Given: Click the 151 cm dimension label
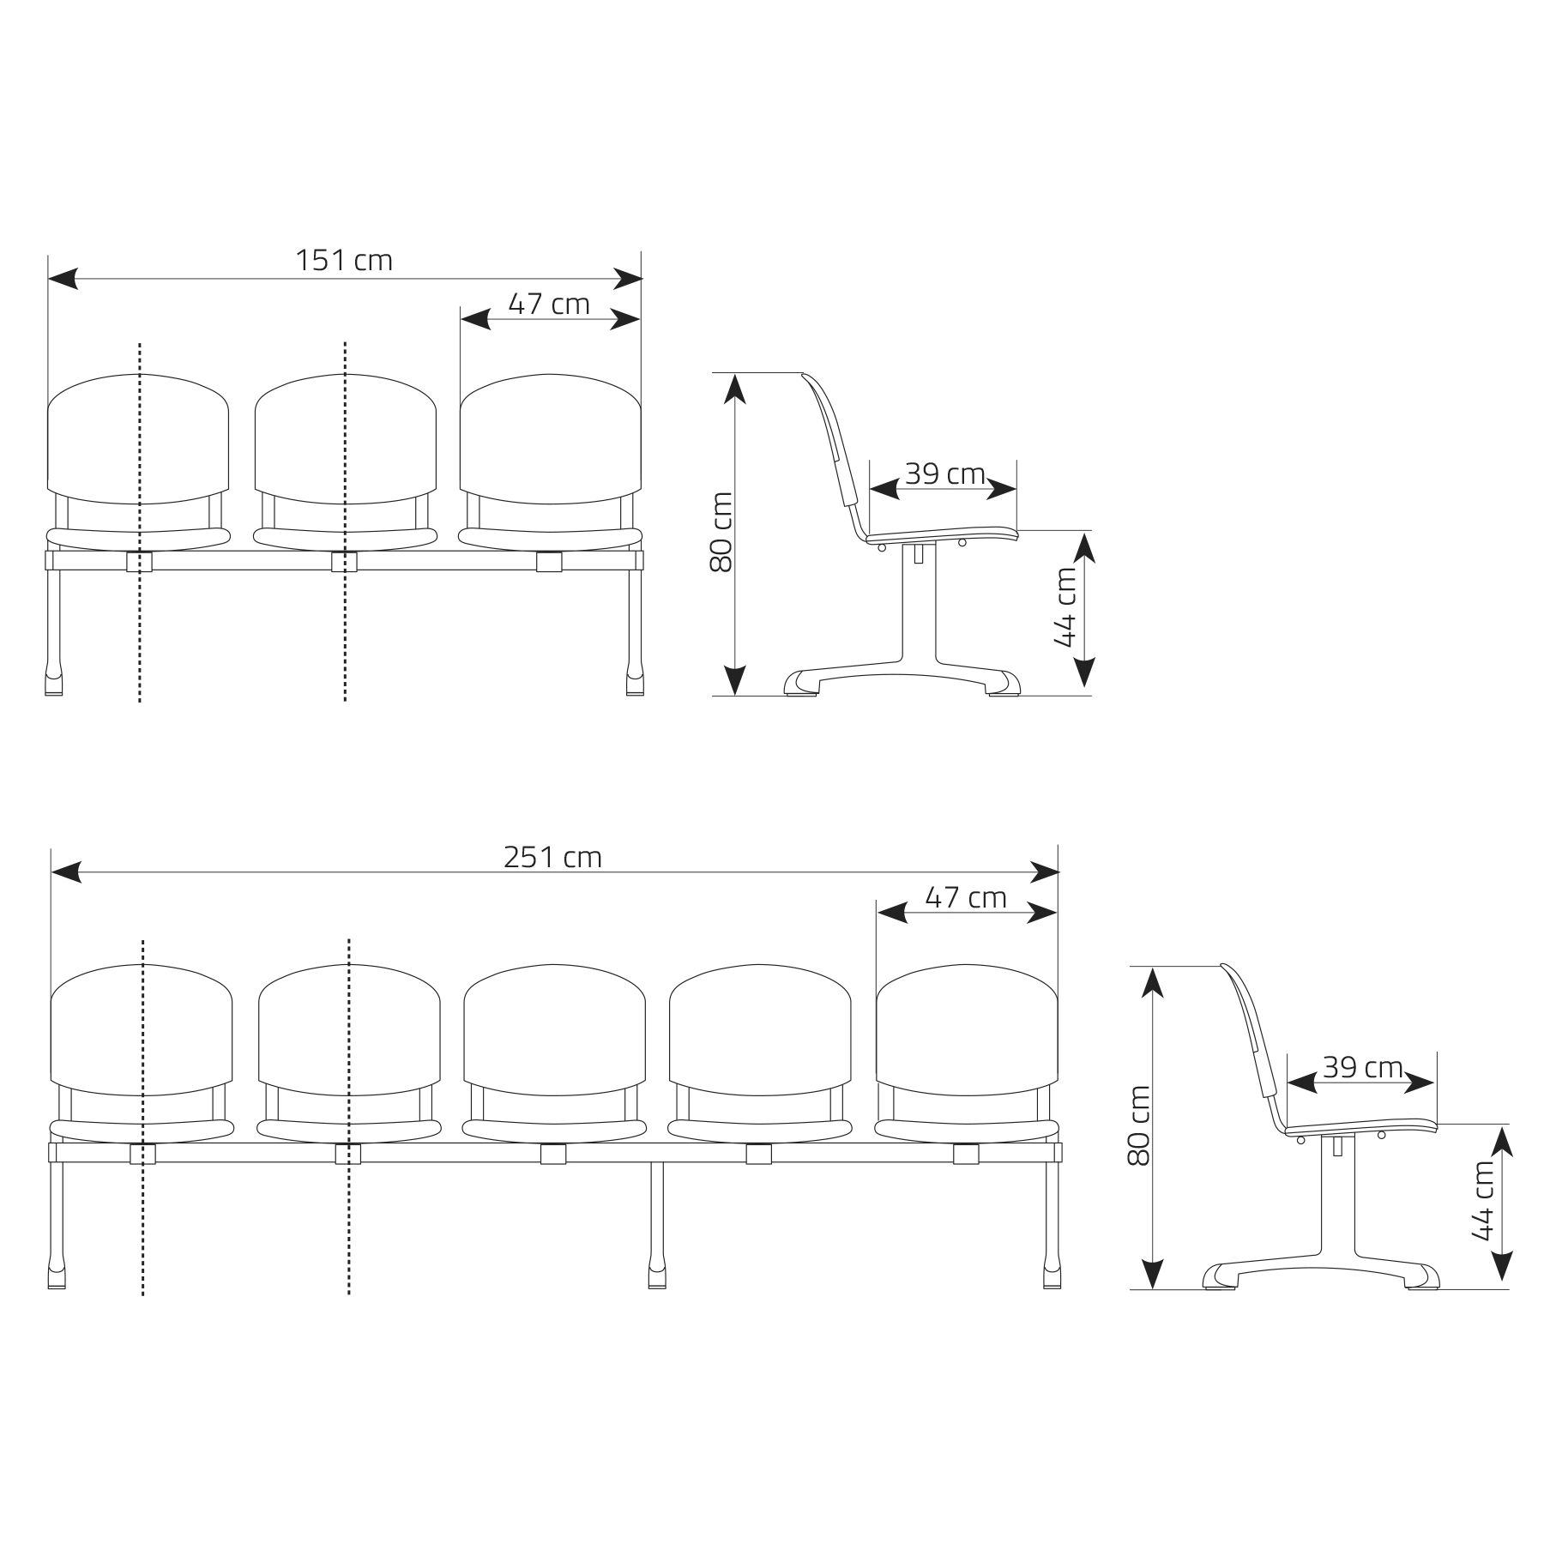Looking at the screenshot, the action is click(344, 260).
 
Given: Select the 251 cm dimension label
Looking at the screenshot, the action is click(552, 857).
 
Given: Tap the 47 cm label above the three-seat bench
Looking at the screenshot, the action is click(549, 304).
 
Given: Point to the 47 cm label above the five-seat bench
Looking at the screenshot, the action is click(966, 897).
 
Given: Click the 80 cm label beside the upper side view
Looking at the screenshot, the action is click(721, 532).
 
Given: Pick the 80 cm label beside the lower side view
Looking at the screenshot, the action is click(1138, 1125).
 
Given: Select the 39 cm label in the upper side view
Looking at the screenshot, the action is click(944, 473).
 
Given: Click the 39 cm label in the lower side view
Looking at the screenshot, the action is click(1362, 1067).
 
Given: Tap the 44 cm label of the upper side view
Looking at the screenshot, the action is click(1065, 607).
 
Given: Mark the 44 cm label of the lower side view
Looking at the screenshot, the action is click(1482, 1201).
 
